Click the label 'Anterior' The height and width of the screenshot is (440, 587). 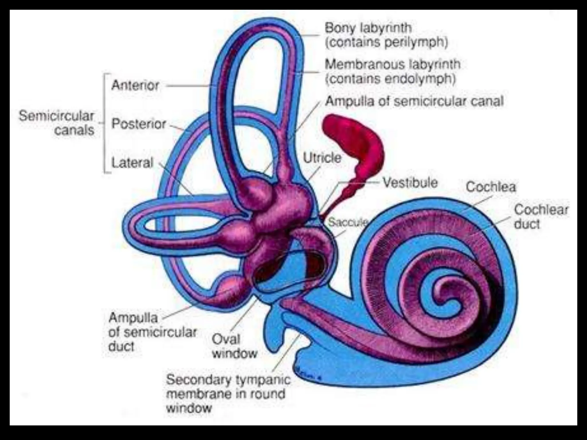click(x=135, y=85)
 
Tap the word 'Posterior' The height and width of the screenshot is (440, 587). click(x=139, y=124)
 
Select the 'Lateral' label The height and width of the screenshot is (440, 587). click(x=132, y=163)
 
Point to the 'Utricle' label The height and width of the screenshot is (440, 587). click(x=322, y=158)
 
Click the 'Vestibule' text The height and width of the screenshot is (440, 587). click(x=410, y=183)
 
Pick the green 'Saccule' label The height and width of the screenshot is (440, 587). click(x=348, y=222)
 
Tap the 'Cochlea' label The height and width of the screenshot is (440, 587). click(x=491, y=187)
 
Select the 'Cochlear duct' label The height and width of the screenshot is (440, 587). click(x=541, y=217)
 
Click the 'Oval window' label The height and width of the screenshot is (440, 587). click(x=234, y=347)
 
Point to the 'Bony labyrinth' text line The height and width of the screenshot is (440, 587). click(x=368, y=28)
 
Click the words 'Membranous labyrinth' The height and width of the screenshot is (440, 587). click(x=392, y=64)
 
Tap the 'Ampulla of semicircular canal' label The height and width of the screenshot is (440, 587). click(x=414, y=101)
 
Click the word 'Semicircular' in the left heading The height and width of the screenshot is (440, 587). click(x=56, y=116)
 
